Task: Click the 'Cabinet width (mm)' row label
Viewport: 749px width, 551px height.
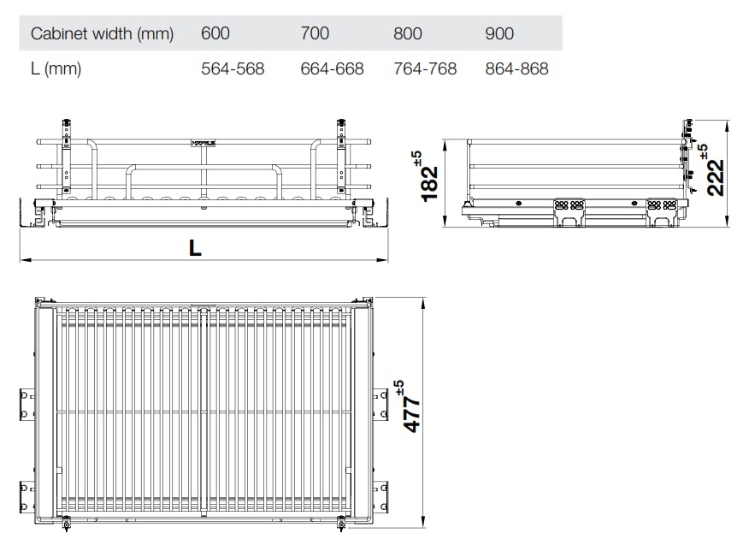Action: pyautogui.click(x=102, y=34)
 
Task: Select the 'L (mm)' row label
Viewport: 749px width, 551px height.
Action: pyautogui.click(x=56, y=69)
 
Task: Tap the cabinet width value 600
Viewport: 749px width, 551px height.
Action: pyautogui.click(x=215, y=34)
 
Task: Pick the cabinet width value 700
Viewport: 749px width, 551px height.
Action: pyautogui.click(x=315, y=34)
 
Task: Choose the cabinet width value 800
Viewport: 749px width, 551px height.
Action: pyautogui.click(x=407, y=34)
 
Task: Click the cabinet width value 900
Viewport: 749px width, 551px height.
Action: pyautogui.click(x=499, y=34)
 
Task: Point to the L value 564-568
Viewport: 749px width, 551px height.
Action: pyautogui.click(x=233, y=69)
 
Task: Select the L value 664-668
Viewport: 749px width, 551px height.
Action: pyautogui.click(x=332, y=69)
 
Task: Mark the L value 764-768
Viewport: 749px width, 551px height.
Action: pyautogui.click(x=424, y=69)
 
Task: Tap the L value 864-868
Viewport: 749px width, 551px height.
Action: pyautogui.click(x=516, y=69)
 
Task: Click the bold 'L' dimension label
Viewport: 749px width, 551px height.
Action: pyautogui.click(x=196, y=248)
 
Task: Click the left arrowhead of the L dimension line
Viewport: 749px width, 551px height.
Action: pyautogui.click(x=23, y=258)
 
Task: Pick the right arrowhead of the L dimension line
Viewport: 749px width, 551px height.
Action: pyautogui.click(x=386, y=258)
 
